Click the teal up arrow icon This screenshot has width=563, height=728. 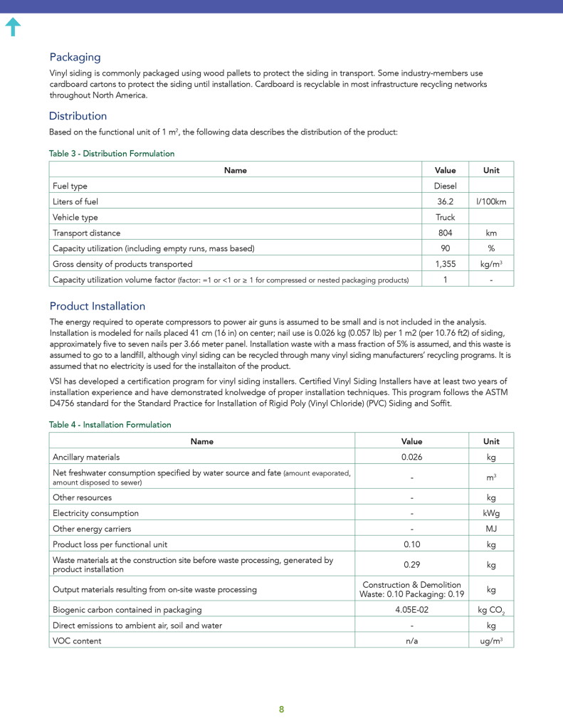click(x=13, y=27)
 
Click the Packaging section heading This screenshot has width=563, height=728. click(x=75, y=57)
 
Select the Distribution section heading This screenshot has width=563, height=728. click(x=78, y=116)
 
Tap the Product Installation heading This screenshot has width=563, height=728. click(x=97, y=306)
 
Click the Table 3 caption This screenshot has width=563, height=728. click(x=111, y=154)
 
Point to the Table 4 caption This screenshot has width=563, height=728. click(x=110, y=425)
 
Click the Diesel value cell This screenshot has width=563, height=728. click(x=445, y=186)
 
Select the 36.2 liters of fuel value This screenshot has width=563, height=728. click(x=445, y=201)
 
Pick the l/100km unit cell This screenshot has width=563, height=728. click(x=491, y=201)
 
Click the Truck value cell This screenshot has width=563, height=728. click(x=445, y=217)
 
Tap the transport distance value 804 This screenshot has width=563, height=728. click(x=445, y=233)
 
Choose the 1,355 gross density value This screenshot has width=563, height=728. click(x=445, y=264)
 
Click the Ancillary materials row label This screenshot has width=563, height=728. click(x=86, y=457)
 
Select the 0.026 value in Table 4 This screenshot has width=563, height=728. click(x=411, y=457)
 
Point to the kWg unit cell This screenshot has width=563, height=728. click(x=491, y=513)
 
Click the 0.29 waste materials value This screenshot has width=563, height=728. click(x=411, y=564)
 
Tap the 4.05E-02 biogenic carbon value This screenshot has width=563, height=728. click(x=411, y=610)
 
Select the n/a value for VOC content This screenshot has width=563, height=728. click(x=411, y=640)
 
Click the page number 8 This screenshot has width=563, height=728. click(x=281, y=709)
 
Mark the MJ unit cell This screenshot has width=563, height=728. click(x=491, y=529)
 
